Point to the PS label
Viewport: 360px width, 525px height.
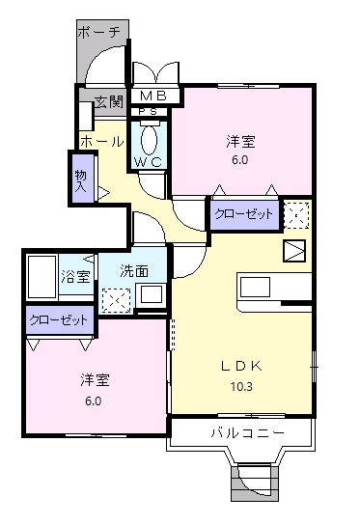point(149,113)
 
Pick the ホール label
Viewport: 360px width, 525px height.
point(101,141)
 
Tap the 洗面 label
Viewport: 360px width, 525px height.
point(135,271)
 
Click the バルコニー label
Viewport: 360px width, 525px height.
point(247,433)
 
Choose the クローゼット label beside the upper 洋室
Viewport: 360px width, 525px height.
point(244,213)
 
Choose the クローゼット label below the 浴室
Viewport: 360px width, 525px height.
point(59,319)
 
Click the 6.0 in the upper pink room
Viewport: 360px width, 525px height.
point(239,160)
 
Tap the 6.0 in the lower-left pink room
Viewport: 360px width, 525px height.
point(93,401)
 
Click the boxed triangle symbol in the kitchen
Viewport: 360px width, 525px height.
point(293,252)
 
